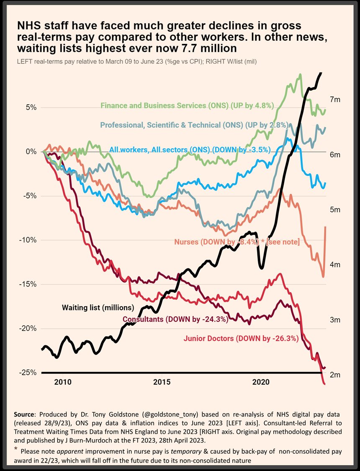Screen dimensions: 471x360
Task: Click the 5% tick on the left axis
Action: [x=31, y=107]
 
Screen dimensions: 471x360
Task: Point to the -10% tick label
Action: [x=29, y=240]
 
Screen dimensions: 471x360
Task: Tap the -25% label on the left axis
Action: [x=29, y=373]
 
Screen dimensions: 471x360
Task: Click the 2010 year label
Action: [x=62, y=382]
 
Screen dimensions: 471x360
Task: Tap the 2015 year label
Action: [x=162, y=382]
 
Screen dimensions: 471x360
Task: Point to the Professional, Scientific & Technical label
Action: [x=193, y=125]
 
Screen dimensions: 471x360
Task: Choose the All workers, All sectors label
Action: [x=190, y=149]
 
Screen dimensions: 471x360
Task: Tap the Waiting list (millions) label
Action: [x=98, y=308]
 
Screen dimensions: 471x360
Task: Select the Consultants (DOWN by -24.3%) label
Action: [x=175, y=319]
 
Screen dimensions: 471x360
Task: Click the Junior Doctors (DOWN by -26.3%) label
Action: [x=241, y=338]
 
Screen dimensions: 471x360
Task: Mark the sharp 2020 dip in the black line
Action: [x=262, y=266]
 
